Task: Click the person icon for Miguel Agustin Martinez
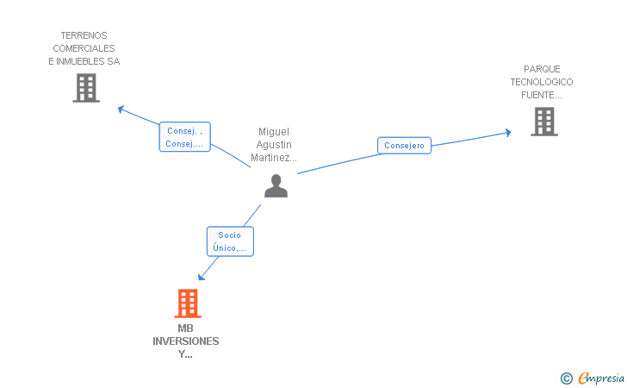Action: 276,185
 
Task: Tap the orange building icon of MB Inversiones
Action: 188,304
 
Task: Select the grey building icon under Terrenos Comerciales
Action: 86,88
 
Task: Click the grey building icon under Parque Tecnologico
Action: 544,122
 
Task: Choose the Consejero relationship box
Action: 404,146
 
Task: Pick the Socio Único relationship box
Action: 230,241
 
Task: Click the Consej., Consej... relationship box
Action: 184,137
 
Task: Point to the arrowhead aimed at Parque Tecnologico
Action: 508,133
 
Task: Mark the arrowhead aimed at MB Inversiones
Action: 202,277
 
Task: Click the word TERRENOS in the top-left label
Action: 84,35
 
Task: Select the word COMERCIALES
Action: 84,48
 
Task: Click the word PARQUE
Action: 542,69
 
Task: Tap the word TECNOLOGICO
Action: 542,82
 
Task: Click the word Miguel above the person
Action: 274,132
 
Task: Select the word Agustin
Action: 274,145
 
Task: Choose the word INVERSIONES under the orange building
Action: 185,341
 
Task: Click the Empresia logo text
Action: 601,378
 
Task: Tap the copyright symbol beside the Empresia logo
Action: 567,379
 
